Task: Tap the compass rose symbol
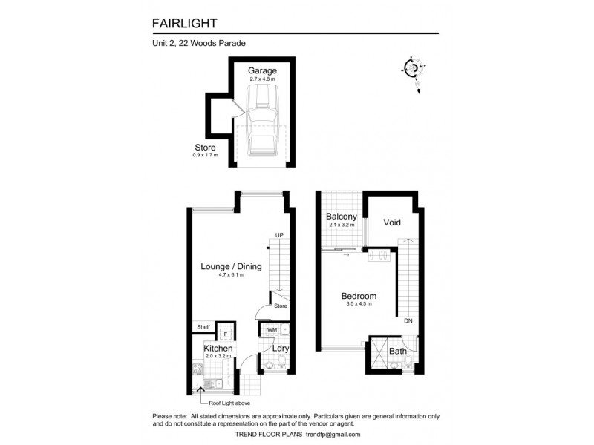pos(413,69)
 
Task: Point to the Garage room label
pos(262,70)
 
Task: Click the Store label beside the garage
pos(204,148)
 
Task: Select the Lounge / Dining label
pos(231,266)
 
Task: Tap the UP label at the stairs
pos(279,236)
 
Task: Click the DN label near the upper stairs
pos(408,322)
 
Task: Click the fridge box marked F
pos(226,333)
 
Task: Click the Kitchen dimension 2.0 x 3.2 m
pos(218,357)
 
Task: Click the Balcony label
pos(342,217)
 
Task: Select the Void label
pos(392,222)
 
